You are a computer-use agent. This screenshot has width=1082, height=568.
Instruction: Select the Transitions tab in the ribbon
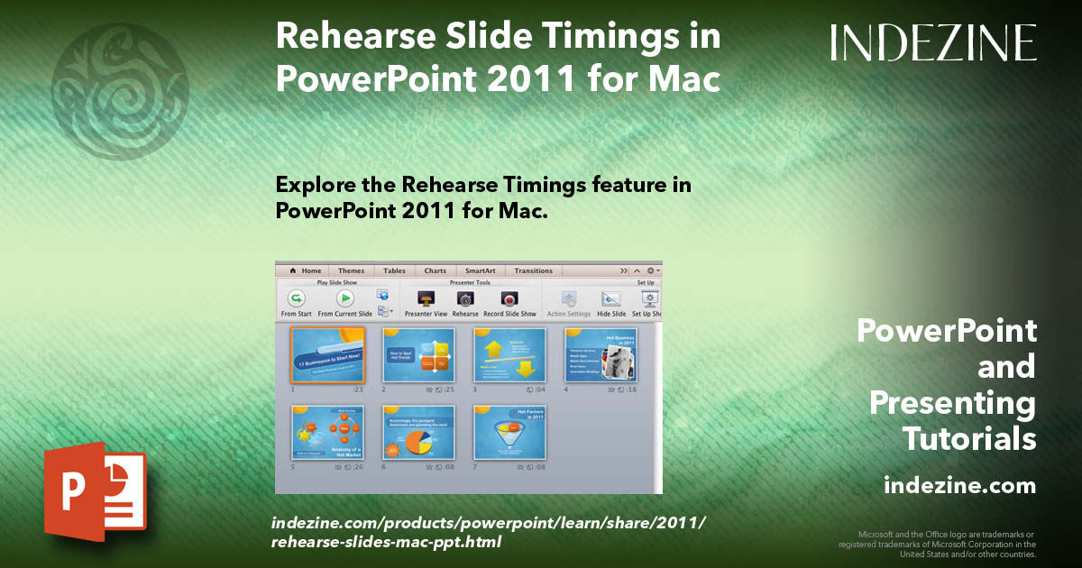point(533,270)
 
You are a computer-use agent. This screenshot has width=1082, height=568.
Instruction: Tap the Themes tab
point(351,270)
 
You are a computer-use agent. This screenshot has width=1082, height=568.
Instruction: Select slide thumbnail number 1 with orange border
point(327,354)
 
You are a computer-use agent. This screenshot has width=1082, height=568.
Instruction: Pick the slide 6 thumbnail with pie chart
point(418,434)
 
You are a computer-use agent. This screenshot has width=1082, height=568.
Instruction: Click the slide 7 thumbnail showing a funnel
point(509,434)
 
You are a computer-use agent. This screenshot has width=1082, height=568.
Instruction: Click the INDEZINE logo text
point(933,42)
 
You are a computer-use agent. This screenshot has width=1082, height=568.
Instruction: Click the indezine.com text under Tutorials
point(959,486)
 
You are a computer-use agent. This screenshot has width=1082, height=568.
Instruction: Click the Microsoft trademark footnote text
point(937,544)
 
